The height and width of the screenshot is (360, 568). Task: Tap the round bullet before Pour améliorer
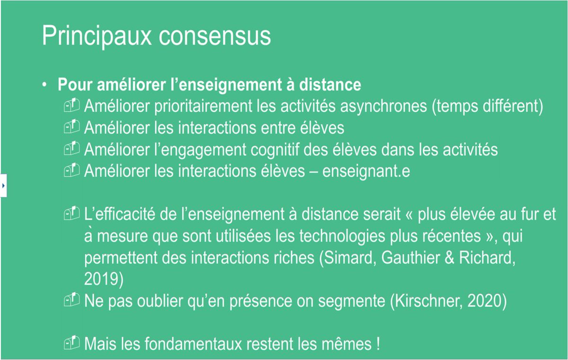44,85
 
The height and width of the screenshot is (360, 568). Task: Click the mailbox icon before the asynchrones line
72,106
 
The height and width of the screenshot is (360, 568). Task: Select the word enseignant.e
366,171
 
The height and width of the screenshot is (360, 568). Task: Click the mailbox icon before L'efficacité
72,215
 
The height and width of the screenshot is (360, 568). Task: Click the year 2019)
104,279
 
